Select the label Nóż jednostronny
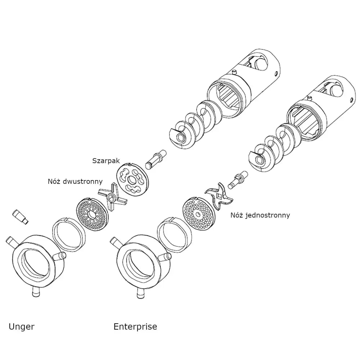(260, 215)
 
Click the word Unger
(21, 327)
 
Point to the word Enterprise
(135, 327)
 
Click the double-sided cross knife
(113, 197)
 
